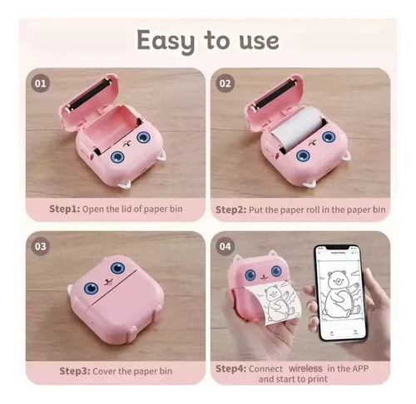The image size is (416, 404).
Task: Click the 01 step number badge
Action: tap(41, 83)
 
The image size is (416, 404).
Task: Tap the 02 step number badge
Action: tap(225, 83)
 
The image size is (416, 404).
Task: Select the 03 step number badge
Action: tap(41, 246)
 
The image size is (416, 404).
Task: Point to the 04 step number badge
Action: tap(225, 246)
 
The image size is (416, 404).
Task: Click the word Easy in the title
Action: tap(166, 42)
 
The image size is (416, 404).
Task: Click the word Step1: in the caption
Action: tap(64, 209)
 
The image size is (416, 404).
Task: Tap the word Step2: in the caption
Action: tap(230, 209)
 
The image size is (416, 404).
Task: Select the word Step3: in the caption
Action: tap(75, 371)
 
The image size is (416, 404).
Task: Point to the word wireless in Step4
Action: tap(305, 368)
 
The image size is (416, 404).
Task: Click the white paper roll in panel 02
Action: tap(298, 127)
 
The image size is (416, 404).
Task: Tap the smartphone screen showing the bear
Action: tap(340, 293)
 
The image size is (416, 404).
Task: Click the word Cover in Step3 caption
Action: tap(105, 371)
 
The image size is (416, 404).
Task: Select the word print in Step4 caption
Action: tap(316, 379)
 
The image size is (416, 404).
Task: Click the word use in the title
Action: tap(259, 42)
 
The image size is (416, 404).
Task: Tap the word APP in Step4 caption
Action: tap(360, 368)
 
